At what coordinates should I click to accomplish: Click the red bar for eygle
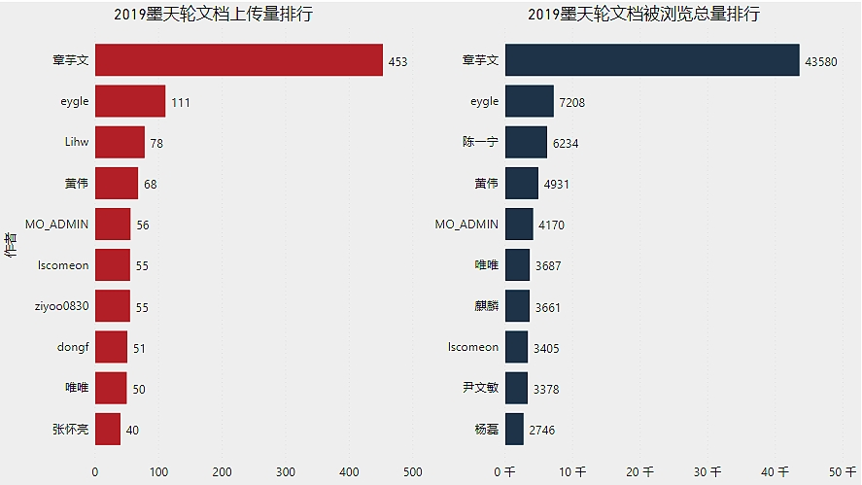(x=129, y=101)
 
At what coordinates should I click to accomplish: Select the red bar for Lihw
(x=120, y=142)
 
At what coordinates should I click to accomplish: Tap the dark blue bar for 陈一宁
(x=525, y=142)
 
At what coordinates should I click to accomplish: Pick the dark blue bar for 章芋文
(x=651, y=60)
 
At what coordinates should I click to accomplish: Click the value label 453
(x=397, y=61)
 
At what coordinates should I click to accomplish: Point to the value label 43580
(x=822, y=61)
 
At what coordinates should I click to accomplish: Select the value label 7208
(x=572, y=102)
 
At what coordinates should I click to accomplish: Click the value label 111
(x=181, y=102)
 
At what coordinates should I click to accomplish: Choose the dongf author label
(x=73, y=347)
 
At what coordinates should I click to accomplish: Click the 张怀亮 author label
(x=70, y=429)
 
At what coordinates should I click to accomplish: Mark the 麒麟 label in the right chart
(x=480, y=306)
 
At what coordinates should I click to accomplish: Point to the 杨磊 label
(x=486, y=429)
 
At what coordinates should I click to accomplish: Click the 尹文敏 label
(x=480, y=388)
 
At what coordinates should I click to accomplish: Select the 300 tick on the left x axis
(x=286, y=472)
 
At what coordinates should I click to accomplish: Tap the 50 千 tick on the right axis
(x=842, y=472)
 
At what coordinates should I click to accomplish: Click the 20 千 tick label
(x=638, y=472)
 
